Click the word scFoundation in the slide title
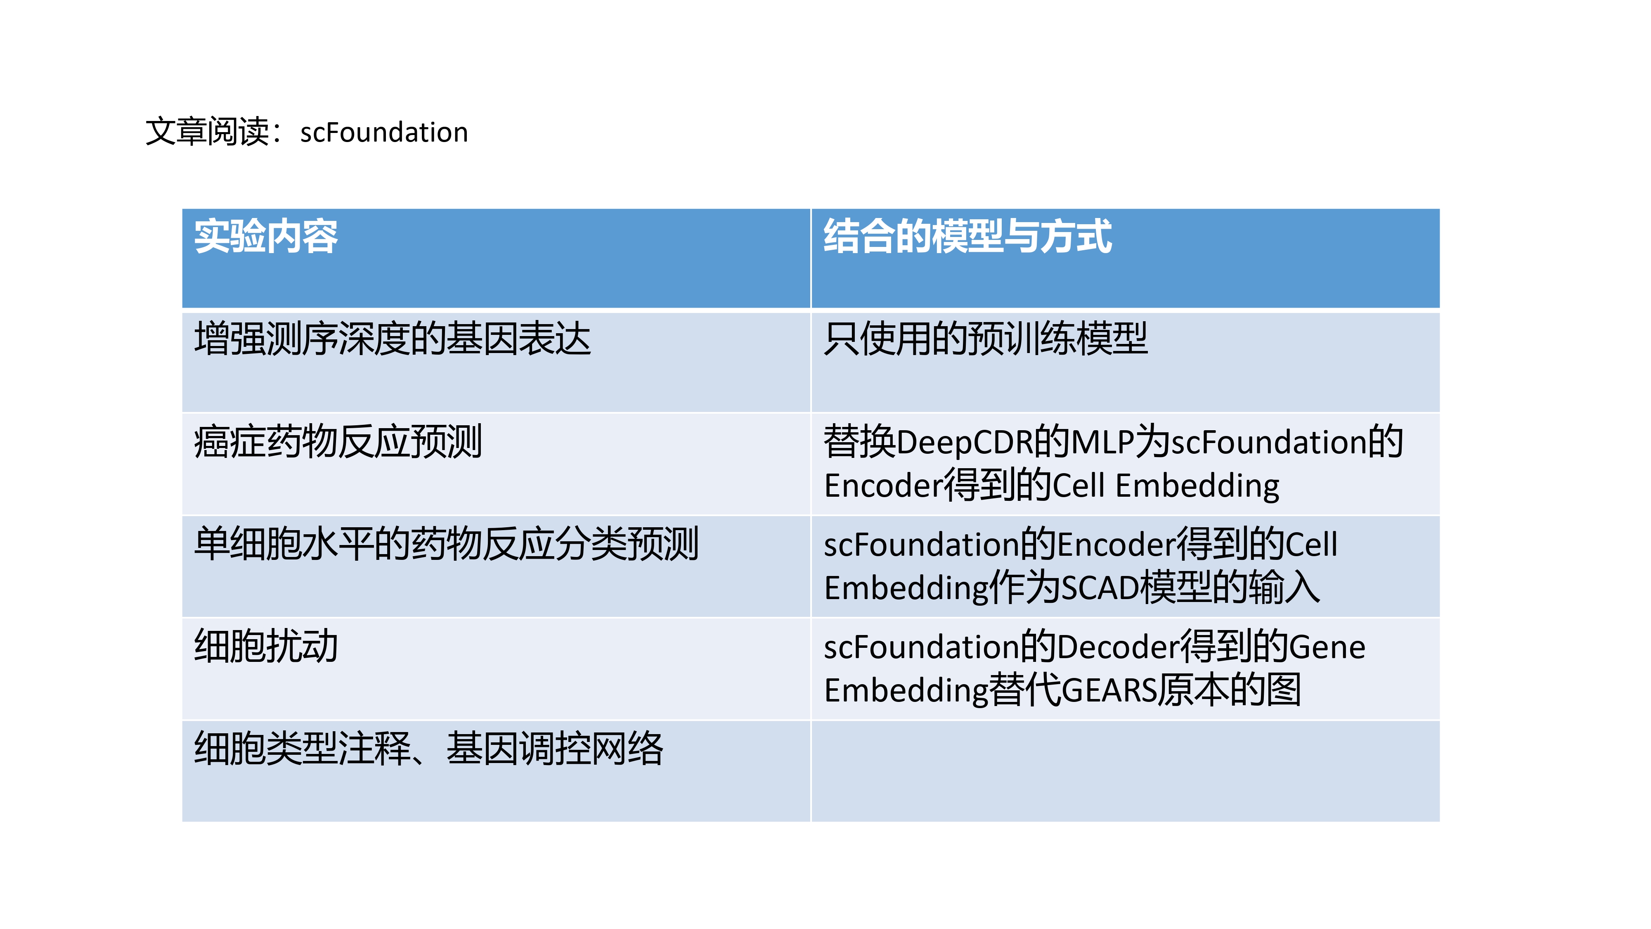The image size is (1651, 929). tap(384, 133)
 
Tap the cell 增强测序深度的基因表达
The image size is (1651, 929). tap(392, 339)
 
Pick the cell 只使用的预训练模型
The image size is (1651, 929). tap(985, 339)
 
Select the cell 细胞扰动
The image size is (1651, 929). tap(266, 646)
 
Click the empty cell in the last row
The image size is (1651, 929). tap(1126, 771)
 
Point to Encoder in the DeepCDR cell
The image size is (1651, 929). tap(884, 485)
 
